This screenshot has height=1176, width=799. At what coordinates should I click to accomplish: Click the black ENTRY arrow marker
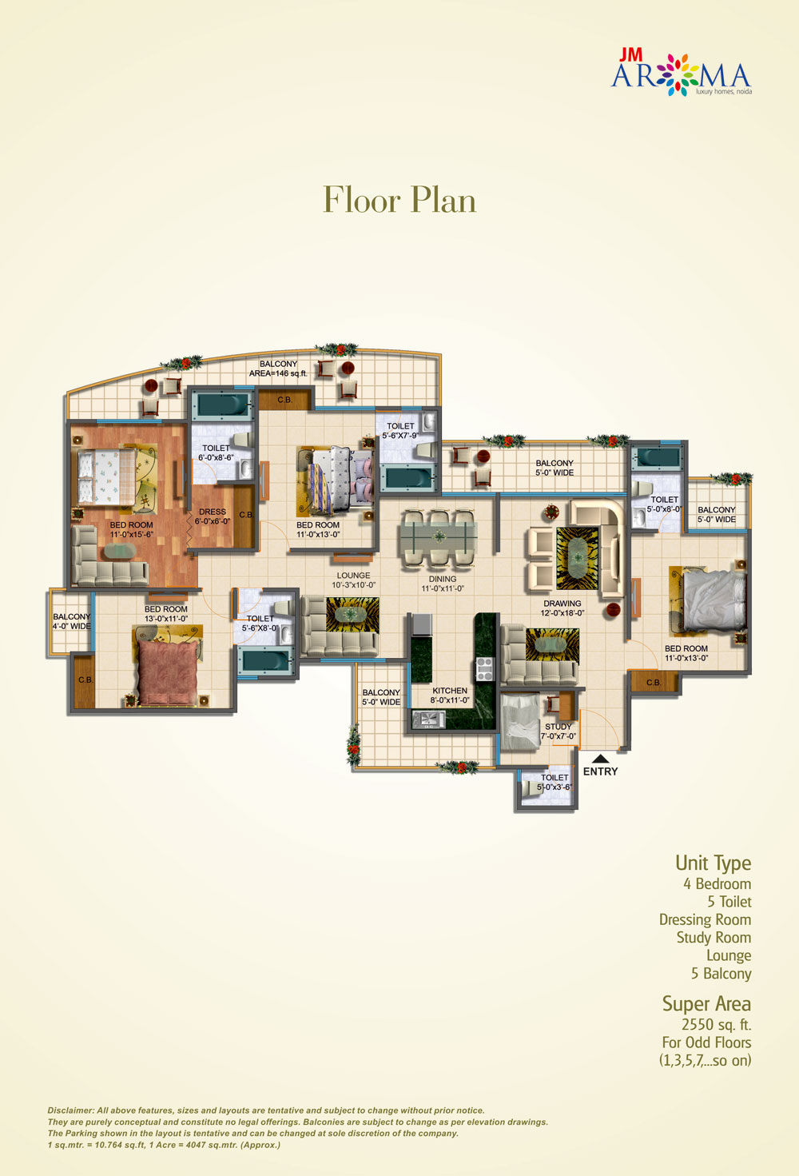pyautogui.click(x=601, y=758)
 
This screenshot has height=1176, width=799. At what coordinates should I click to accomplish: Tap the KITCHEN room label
pyautogui.click(x=450, y=691)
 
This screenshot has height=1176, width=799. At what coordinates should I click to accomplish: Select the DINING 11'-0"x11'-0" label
pyautogui.click(x=443, y=584)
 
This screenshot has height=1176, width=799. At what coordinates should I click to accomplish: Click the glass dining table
pyautogui.click(x=439, y=538)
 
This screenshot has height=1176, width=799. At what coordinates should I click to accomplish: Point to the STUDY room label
pyautogui.click(x=558, y=727)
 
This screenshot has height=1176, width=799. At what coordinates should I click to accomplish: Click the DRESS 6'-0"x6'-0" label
pyautogui.click(x=213, y=516)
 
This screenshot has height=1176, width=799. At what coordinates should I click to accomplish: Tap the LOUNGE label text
pyautogui.click(x=353, y=576)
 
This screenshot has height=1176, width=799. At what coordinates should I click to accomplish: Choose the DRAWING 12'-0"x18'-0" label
pyautogui.click(x=562, y=608)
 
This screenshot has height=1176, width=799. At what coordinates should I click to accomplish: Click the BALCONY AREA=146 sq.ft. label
pyautogui.click(x=278, y=369)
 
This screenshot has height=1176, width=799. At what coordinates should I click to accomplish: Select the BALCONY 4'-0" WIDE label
pyautogui.click(x=72, y=622)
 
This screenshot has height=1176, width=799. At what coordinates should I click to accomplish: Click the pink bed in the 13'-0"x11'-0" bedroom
pyautogui.click(x=168, y=673)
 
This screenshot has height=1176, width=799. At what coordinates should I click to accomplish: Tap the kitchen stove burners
pyautogui.click(x=483, y=669)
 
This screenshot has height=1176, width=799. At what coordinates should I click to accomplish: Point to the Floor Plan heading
pyautogui.click(x=399, y=200)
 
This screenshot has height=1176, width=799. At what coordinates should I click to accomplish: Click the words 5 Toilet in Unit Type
pyautogui.click(x=729, y=902)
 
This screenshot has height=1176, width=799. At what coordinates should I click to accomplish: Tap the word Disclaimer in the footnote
pyautogui.click(x=71, y=1110)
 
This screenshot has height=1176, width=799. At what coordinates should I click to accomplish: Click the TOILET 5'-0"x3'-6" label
pyautogui.click(x=555, y=782)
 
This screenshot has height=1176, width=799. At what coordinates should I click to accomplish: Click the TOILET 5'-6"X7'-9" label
pyautogui.click(x=400, y=430)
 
